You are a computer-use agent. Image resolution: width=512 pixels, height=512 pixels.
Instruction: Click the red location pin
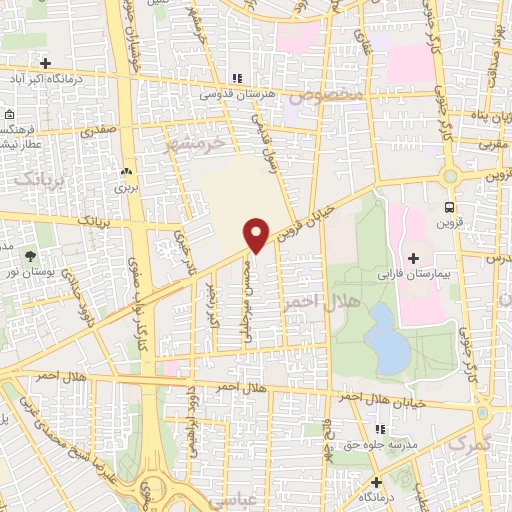tap(257, 234)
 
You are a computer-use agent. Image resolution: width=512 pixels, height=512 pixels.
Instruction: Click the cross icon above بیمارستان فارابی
tap(413, 258)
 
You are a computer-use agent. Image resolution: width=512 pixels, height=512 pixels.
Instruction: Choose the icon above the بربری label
tap(126, 172)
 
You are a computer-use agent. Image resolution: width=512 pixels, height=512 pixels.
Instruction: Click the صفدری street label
tap(99, 129)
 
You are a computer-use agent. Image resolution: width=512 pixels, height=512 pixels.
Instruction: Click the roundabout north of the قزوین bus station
tap(450, 176)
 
